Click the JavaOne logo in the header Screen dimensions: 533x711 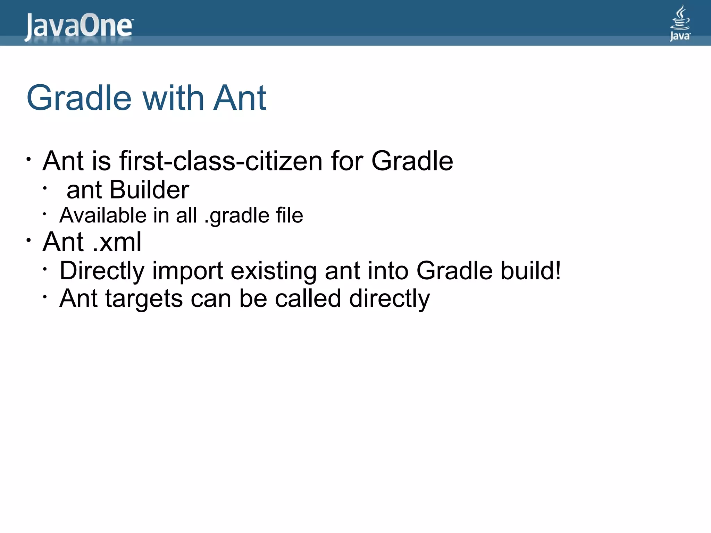click(78, 26)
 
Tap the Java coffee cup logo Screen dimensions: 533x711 click(680, 22)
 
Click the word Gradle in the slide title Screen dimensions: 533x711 click(79, 98)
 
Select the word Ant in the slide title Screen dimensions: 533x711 click(239, 98)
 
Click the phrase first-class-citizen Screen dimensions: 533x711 click(221, 161)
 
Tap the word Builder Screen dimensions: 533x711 click(149, 190)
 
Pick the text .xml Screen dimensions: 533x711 click(117, 242)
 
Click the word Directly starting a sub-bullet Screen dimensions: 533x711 click(102, 271)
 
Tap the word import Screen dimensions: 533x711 click(187, 271)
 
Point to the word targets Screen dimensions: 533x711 click(144, 299)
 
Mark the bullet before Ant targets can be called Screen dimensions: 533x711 click(45, 297)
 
